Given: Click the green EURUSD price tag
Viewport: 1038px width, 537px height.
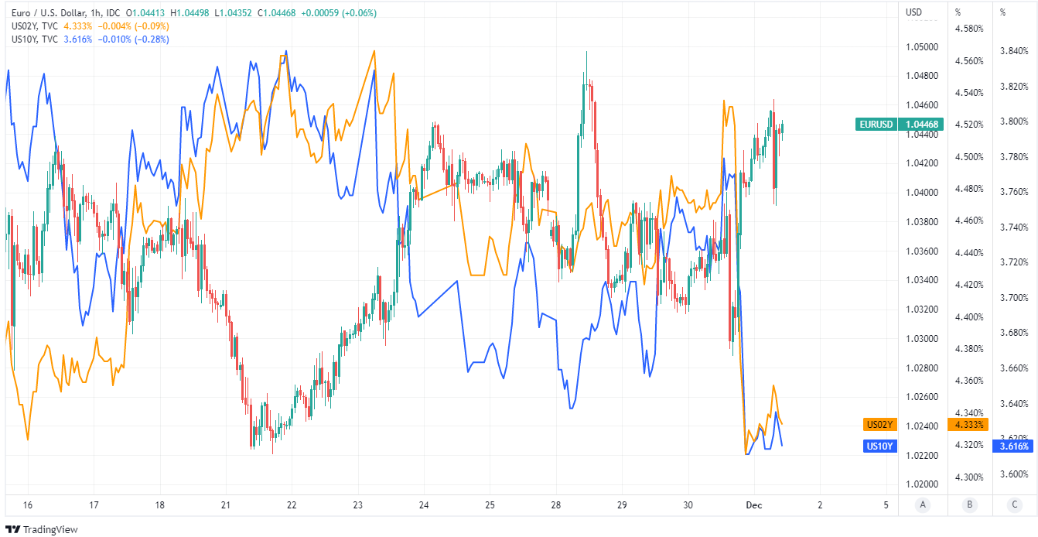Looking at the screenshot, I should click(x=876, y=125).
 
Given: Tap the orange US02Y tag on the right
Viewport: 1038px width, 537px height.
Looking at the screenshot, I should click(x=879, y=424).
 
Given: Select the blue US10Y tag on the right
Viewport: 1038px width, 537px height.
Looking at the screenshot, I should click(x=879, y=446).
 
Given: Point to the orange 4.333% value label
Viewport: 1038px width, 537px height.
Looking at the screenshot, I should click(x=970, y=424).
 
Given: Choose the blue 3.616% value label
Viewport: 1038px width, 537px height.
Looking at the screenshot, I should click(x=1014, y=446).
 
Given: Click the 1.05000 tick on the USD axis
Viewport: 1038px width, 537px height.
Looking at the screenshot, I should click(x=921, y=47).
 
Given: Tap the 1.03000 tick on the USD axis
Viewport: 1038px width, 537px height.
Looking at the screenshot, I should click(x=921, y=338).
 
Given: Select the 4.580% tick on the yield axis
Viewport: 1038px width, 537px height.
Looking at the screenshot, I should click(x=969, y=29).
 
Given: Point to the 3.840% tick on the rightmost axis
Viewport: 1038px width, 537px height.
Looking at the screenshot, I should click(x=1014, y=51).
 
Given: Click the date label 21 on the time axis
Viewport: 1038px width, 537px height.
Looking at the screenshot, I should click(x=226, y=505).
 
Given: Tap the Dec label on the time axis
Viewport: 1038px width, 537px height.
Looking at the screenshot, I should click(x=754, y=505).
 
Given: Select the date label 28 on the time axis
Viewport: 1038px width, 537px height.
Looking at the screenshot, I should click(x=556, y=505).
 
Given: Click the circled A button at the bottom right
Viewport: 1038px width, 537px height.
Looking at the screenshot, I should click(x=922, y=505).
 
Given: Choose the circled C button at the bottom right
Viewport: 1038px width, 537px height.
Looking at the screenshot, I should click(x=1014, y=505).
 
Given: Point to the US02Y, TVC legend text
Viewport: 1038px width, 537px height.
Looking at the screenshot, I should click(x=35, y=26).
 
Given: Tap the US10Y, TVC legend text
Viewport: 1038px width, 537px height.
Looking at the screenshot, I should click(x=35, y=39).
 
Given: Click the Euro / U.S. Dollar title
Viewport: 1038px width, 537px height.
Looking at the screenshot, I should click(x=50, y=12).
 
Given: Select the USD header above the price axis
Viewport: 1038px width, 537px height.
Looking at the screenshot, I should click(x=914, y=12).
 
